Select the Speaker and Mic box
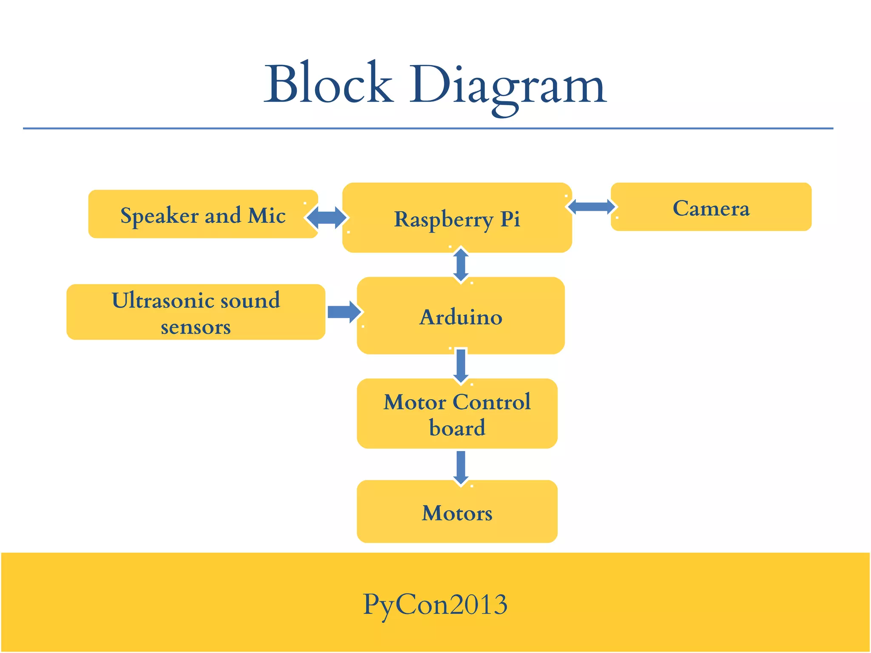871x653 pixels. [x=202, y=214]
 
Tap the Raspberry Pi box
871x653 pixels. [x=457, y=218]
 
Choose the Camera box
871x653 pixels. [x=711, y=207]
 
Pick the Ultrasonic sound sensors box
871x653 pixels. [x=196, y=312]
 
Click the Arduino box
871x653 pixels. [x=461, y=316]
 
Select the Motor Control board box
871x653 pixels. [x=457, y=414]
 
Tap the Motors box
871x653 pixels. [x=457, y=512]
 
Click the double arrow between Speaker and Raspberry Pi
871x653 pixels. [x=327, y=218]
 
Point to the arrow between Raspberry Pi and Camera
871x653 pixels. [x=591, y=207]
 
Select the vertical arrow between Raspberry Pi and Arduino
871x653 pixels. [x=461, y=265]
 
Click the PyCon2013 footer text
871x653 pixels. [x=435, y=604]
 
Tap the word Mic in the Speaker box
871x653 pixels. [x=267, y=215]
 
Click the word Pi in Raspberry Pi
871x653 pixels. [x=510, y=219]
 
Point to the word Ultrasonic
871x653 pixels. [x=160, y=300]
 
